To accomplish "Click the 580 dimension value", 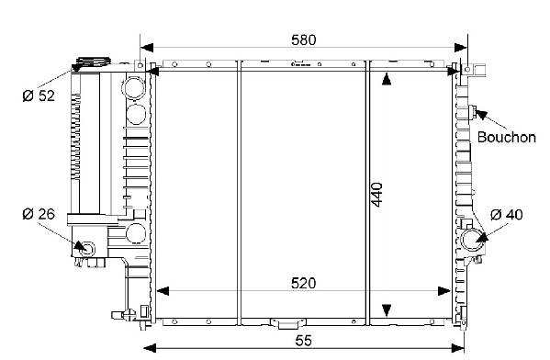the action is [x=303, y=40].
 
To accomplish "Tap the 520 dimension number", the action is [x=303, y=283].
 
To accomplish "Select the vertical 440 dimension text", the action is [x=377, y=195].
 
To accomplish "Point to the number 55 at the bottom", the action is [x=303, y=341].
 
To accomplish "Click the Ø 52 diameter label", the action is [x=39, y=96].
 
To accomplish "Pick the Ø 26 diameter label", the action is [x=39, y=214].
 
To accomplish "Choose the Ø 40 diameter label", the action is [x=506, y=214].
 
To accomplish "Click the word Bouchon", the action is [x=507, y=137].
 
